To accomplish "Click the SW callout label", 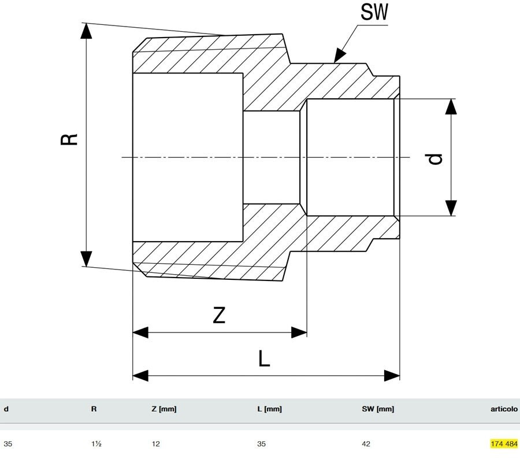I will point(374,13).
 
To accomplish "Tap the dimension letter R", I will point(69,139).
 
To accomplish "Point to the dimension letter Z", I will point(218,315).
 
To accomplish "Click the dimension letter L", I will point(263,359).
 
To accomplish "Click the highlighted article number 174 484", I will point(504,444).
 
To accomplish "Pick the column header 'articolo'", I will point(503,409).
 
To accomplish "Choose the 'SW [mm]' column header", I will point(378,409).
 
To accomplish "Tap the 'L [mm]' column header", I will point(269,409).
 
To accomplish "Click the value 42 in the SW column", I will point(366,444).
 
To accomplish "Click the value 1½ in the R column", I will point(95,444).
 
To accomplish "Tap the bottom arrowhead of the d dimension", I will point(451,208).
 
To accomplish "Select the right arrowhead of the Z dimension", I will point(300,332).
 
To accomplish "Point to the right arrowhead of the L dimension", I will point(393,376).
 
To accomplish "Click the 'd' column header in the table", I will point(6,409).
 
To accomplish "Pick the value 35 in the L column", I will point(262,444).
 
